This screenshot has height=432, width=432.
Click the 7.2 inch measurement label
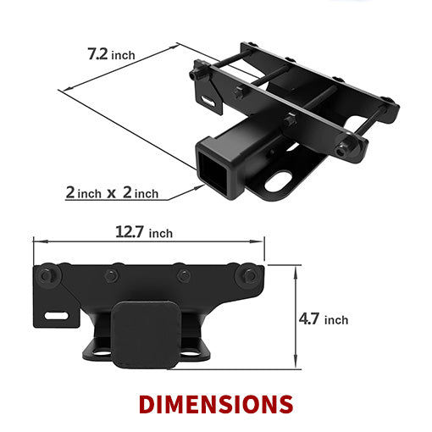(110, 55)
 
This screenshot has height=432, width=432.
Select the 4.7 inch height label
(324, 319)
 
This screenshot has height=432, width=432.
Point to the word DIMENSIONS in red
(216, 402)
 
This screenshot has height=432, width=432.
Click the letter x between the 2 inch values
(110, 193)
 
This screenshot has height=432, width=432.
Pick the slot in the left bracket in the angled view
(207, 102)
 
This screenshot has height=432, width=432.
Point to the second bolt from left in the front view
(110, 276)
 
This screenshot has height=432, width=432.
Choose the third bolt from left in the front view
(182, 276)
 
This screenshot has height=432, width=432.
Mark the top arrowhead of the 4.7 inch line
(296, 269)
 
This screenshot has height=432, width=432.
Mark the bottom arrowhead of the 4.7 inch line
(296, 366)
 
